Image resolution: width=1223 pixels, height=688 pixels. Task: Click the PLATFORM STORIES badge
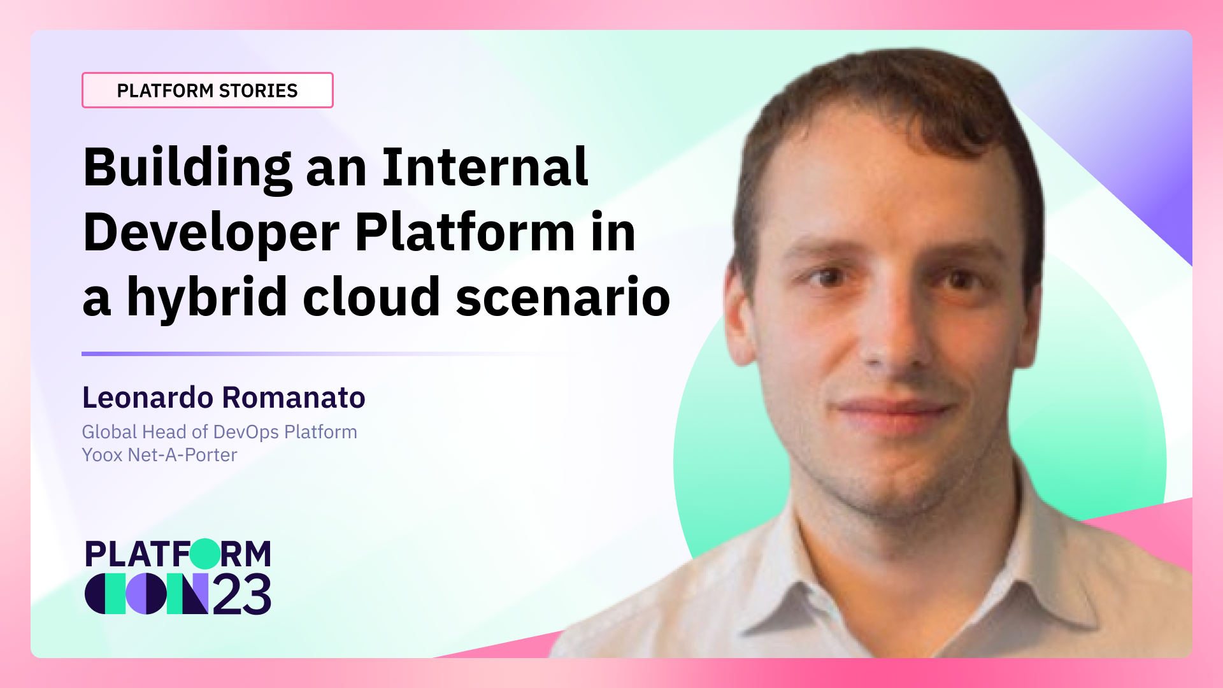click(207, 90)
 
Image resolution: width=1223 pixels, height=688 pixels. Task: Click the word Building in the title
click(187, 168)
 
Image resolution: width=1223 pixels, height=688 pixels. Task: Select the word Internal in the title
click(485, 167)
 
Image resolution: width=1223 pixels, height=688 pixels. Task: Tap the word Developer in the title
click(211, 233)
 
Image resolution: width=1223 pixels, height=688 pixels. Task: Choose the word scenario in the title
click(562, 297)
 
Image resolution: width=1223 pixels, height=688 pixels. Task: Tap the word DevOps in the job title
click(246, 432)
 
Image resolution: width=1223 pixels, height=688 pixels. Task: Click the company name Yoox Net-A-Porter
click(159, 455)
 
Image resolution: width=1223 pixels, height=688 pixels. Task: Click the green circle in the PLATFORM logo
click(204, 554)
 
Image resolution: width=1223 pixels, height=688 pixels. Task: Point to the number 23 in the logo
click(241, 594)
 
